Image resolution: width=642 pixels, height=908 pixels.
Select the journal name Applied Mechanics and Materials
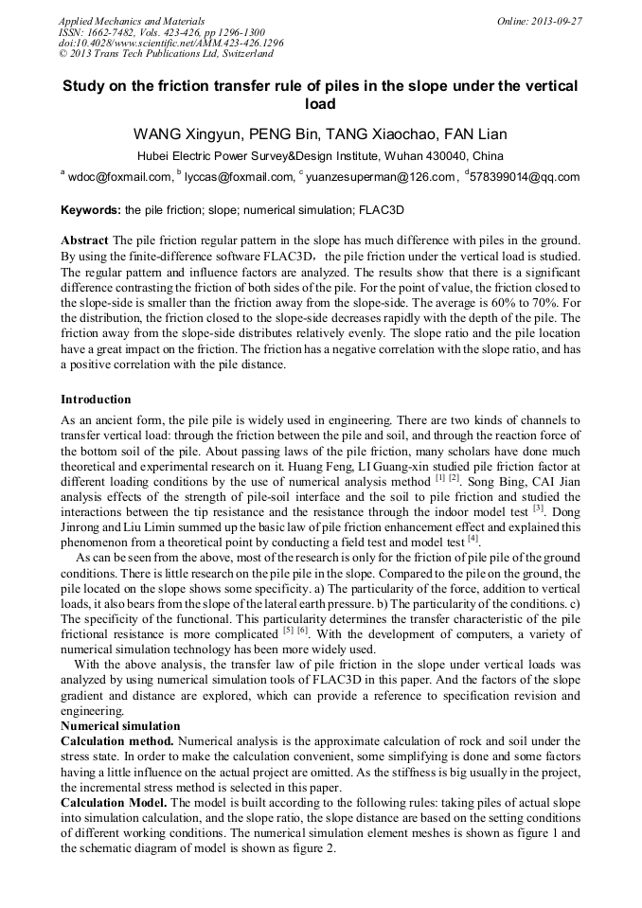(x=131, y=20)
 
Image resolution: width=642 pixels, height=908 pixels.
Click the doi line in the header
(x=170, y=43)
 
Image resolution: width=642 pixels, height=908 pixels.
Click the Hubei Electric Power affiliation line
(x=320, y=155)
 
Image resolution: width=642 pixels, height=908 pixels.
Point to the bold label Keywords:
(x=91, y=209)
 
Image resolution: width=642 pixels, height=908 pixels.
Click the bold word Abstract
(x=84, y=240)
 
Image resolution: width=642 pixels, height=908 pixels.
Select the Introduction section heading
(x=96, y=400)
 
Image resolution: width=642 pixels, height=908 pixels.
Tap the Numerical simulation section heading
(x=120, y=726)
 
